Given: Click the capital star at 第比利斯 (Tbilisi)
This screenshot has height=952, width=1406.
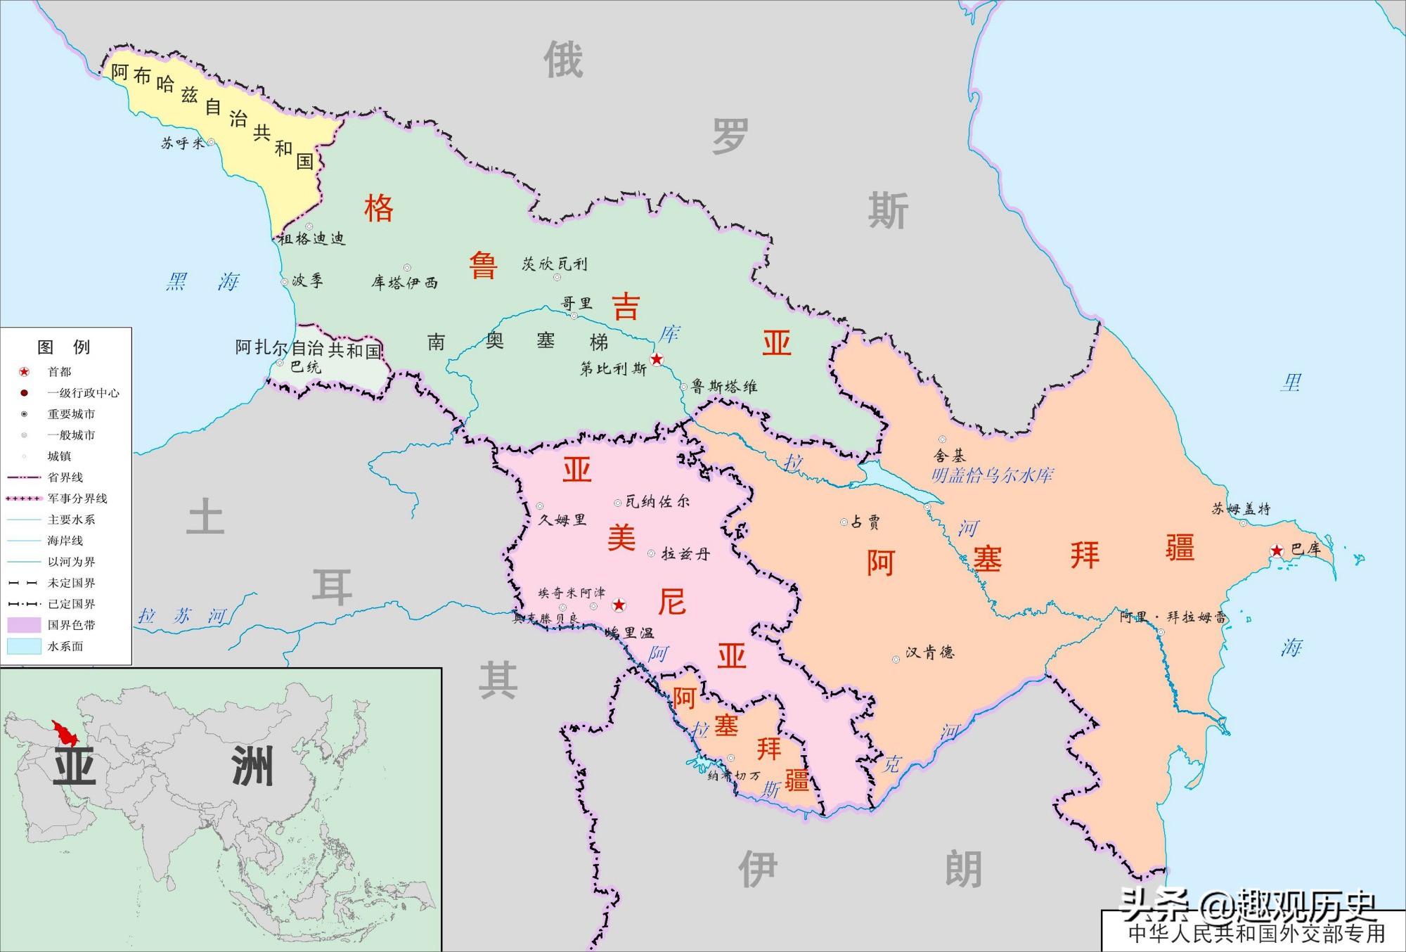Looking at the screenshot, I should coord(657,359).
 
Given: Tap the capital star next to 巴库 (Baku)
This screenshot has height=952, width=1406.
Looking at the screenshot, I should coord(1277,551).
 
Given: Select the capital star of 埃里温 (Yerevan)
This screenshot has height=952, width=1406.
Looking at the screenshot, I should coord(619,605).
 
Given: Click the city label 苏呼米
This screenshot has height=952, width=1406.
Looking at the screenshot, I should coord(182,143).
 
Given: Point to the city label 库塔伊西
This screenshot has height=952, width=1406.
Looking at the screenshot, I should coord(404,283).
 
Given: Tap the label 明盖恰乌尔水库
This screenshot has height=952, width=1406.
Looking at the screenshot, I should coord(992,476).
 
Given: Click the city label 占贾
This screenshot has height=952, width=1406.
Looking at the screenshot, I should coord(865,522).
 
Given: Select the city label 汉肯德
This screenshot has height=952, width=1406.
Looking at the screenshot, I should coord(929,652).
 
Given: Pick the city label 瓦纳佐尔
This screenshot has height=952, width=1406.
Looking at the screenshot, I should coord(657,501).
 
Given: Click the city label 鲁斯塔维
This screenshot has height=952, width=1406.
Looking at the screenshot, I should coord(723,387).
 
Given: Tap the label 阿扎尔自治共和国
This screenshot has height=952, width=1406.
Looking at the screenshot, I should coord(308,348).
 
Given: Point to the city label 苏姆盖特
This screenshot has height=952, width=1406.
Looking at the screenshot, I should coord(1241,509).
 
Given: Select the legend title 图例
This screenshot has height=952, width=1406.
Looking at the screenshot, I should coord(63,347).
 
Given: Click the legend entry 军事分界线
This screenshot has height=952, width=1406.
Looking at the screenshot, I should coord(77,498).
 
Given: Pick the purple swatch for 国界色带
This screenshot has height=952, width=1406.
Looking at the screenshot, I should coord(24,625).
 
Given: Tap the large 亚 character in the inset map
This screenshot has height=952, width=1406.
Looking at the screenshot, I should coord(75,766).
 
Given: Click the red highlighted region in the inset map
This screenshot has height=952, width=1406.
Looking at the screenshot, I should coord(65,735).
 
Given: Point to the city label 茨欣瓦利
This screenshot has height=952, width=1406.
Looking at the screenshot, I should coord(554,264).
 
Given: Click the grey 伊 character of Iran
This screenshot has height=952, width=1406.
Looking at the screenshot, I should coord(757,869).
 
